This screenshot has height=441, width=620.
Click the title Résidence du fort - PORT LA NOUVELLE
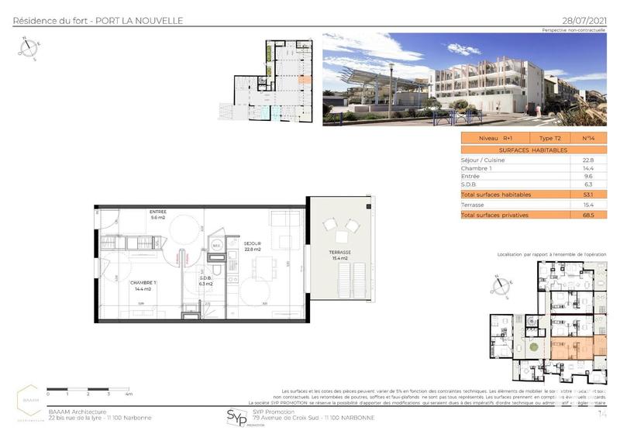point(98,20)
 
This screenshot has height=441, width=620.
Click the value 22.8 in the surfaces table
point(587,160)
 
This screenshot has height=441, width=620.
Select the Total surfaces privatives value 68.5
point(587,214)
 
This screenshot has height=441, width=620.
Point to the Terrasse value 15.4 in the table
point(587,204)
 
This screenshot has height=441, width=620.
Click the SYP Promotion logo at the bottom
point(233,419)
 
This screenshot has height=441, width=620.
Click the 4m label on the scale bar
point(129,394)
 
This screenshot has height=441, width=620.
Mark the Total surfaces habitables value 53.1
point(587,194)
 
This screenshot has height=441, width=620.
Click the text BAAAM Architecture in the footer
point(76,412)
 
